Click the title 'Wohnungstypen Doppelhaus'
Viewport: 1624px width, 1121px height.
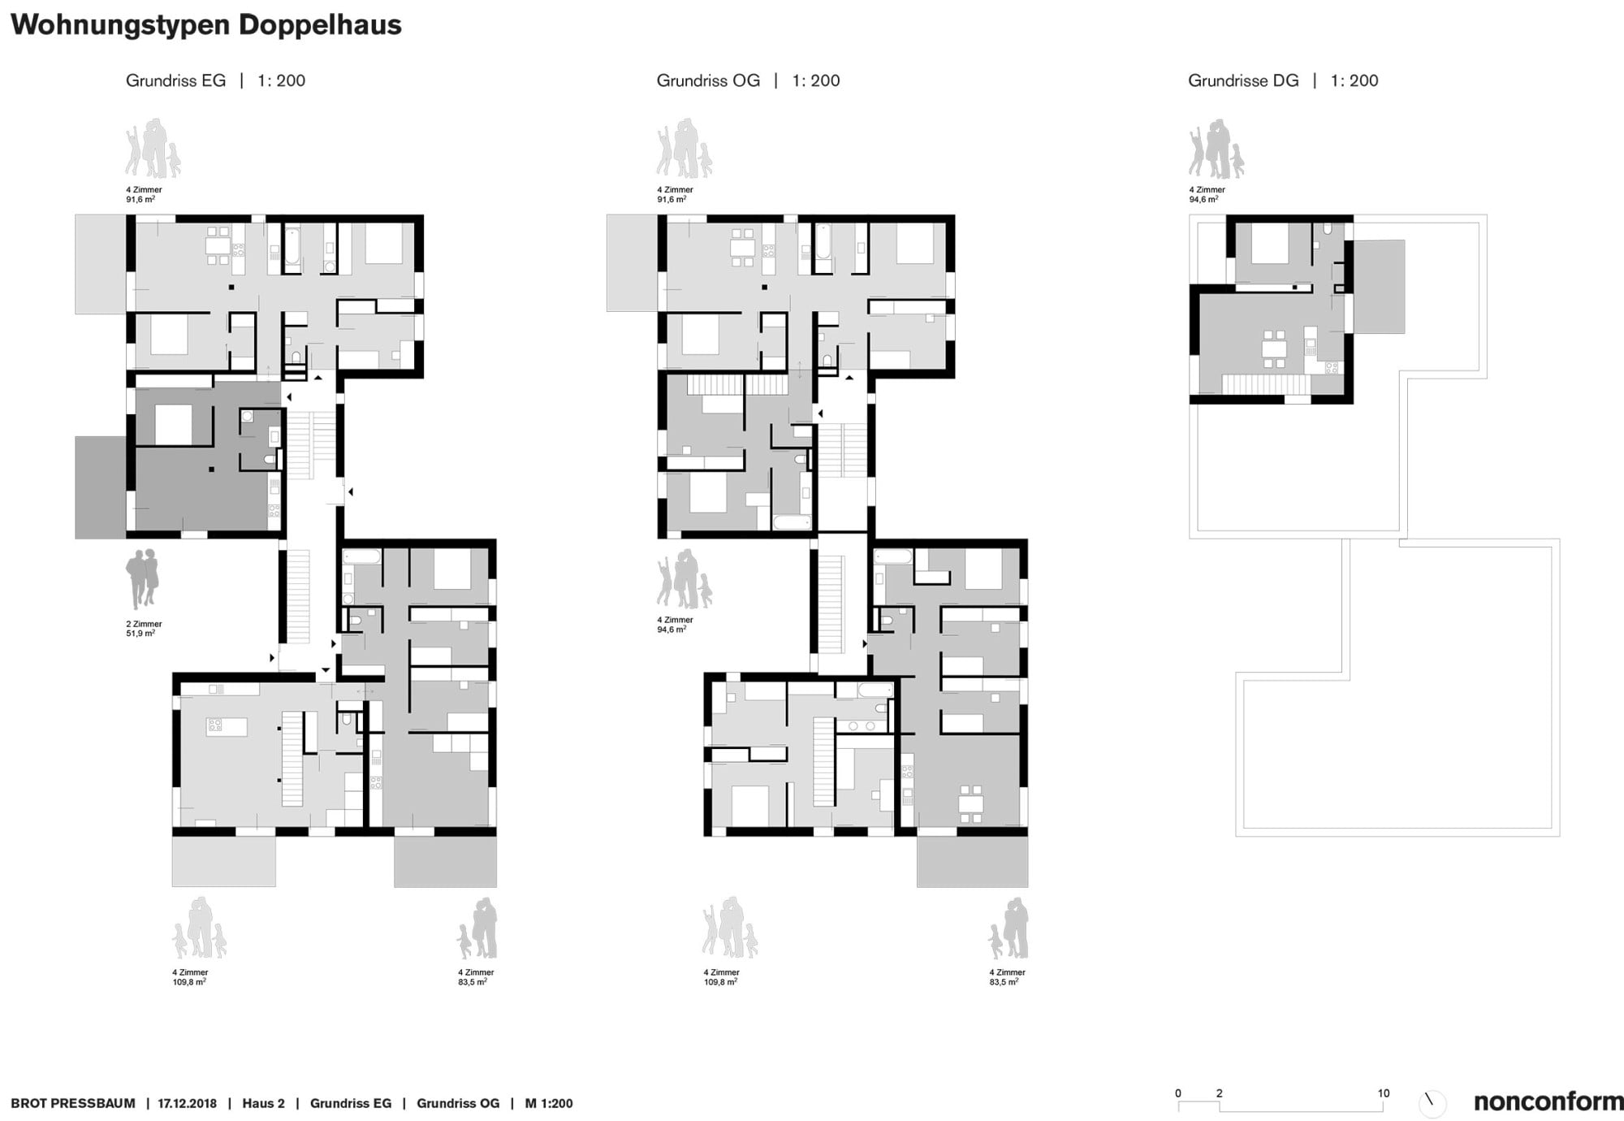coord(206,25)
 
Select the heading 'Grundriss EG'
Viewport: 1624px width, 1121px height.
coord(175,80)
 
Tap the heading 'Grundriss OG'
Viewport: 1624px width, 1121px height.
coord(708,80)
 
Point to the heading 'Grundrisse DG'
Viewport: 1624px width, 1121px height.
coord(1243,80)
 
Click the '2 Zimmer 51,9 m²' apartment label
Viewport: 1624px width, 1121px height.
coord(144,629)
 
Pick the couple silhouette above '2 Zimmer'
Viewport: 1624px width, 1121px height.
coord(142,578)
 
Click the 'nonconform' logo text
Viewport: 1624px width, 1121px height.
coord(1548,1102)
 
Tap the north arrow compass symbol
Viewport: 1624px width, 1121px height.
coord(1432,1102)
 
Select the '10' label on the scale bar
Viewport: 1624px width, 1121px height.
coord(1384,1093)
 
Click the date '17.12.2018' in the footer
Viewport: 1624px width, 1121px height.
coord(188,1103)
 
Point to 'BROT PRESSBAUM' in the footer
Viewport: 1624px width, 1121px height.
coord(73,1103)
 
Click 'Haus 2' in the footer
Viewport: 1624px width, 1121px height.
coord(263,1103)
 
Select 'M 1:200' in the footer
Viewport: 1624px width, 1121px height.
coord(549,1103)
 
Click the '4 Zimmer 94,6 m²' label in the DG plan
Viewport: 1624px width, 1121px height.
coord(1207,194)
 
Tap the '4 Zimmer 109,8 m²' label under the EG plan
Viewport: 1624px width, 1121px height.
coord(190,977)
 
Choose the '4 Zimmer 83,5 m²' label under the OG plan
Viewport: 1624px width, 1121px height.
coord(1007,977)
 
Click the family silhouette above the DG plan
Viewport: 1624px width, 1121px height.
coord(1216,149)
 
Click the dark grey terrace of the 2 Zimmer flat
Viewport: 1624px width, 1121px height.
coord(101,487)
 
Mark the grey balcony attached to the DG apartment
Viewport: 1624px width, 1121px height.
coord(1379,286)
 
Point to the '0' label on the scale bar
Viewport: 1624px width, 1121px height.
coord(1178,1093)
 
